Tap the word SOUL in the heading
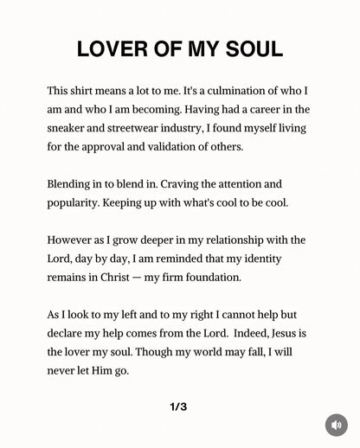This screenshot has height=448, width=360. click(x=251, y=49)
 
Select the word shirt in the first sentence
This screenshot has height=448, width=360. click(x=91, y=90)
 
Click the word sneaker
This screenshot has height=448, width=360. click(x=68, y=128)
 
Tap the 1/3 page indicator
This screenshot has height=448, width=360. click(x=179, y=406)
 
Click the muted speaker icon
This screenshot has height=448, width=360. click(x=336, y=426)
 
